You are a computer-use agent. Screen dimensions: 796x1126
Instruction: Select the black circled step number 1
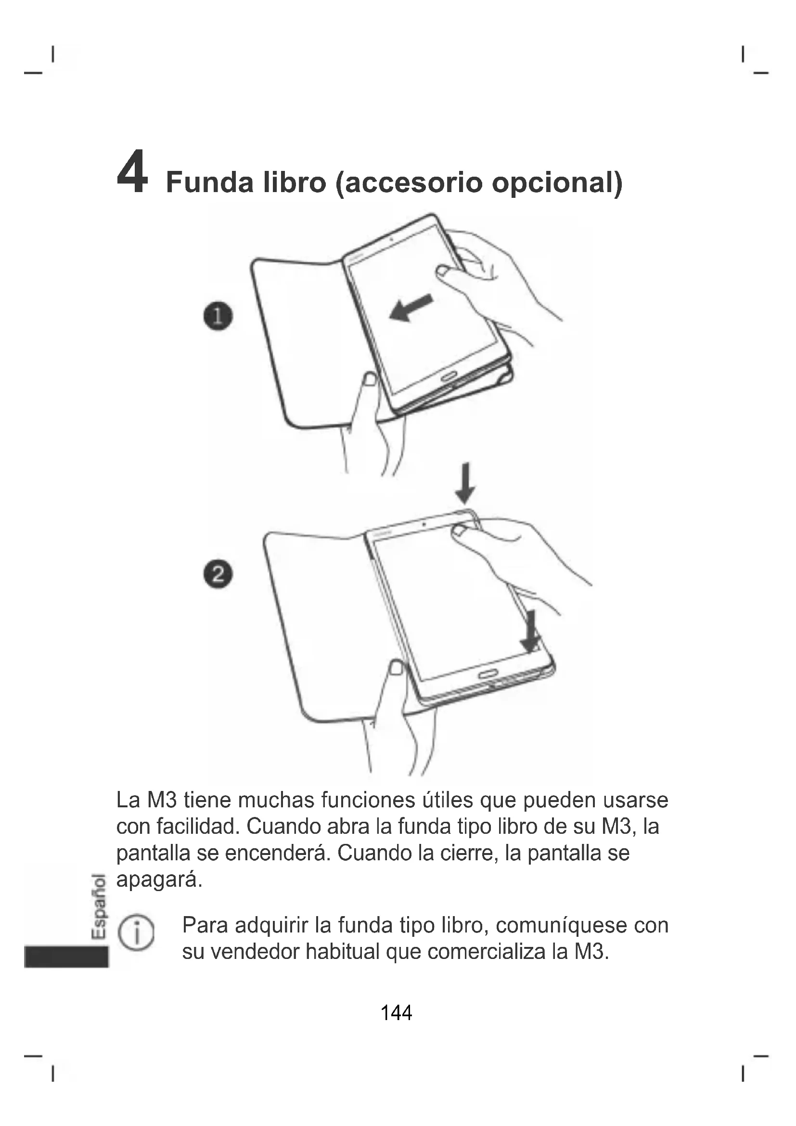[x=218, y=316]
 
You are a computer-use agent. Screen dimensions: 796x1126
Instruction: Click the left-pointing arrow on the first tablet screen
[x=411, y=308]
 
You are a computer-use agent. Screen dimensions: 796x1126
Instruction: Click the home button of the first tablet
[x=449, y=376]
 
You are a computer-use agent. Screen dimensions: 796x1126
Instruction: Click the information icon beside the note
[x=137, y=933]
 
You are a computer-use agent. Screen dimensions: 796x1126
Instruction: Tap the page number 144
[x=396, y=1012]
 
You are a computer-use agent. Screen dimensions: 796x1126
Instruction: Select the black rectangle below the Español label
[x=66, y=957]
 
